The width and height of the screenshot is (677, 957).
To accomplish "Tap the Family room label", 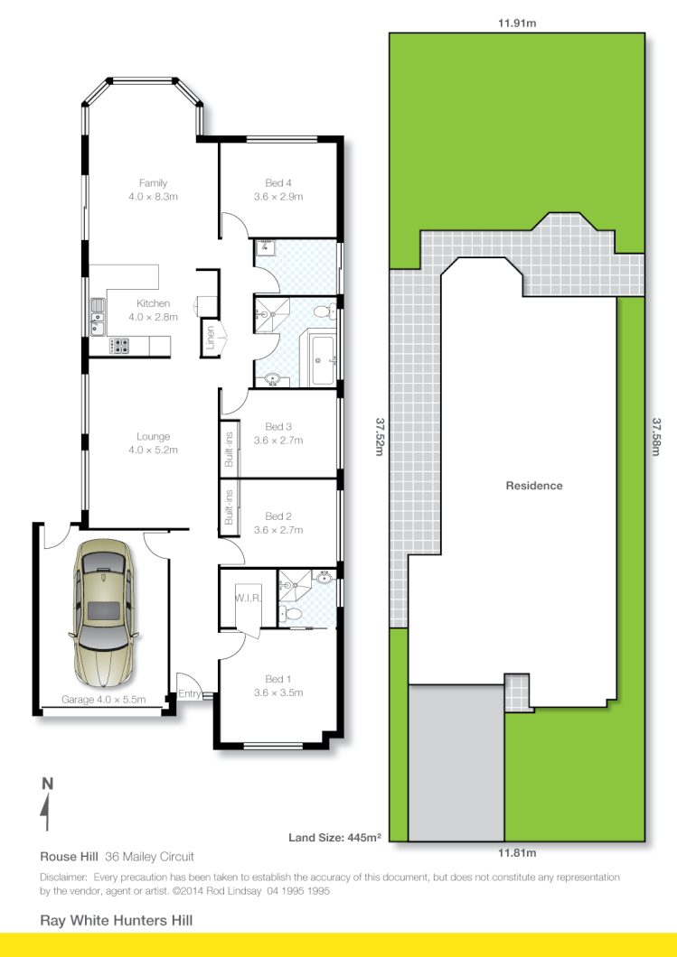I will click(x=153, y=183).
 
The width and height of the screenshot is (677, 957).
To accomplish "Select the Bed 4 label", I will click(x=278, y=183).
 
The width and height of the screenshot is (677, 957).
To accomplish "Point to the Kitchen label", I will click(x=153, y=303).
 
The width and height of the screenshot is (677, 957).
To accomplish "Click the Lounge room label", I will click(x=153, y=437).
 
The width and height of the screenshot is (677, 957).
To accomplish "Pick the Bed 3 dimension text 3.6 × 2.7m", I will click(x=278, y=441).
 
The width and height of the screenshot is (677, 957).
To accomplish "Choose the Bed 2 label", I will click(x=278, y=516).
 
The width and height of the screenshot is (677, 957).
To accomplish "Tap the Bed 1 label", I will click(x=278, y=679).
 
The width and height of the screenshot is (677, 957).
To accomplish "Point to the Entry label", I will click(x=189, y=693).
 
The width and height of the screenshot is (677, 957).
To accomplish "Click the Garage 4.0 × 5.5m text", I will click(x=103, y=700).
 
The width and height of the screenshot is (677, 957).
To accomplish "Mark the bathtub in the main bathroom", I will click(x=323, y=358).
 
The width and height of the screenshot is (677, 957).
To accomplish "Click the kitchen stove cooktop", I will click(x=119, y=344).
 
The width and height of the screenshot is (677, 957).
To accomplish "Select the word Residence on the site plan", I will click(x=533, y=486).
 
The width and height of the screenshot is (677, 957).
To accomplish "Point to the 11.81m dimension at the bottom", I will click(x=517, y=853).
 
